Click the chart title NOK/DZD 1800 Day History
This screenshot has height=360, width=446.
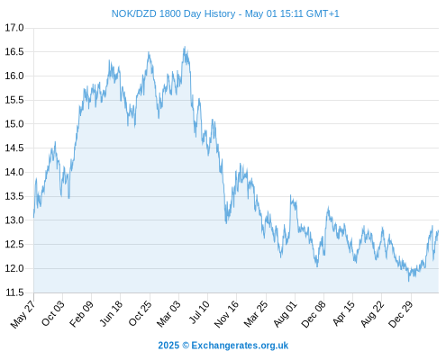coord(173,13)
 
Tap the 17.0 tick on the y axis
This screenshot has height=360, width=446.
coord(14,28)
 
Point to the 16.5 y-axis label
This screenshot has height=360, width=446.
coord(14,52)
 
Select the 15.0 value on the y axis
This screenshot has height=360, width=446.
coord(14,124)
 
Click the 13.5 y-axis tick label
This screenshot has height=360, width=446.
coord(14,196)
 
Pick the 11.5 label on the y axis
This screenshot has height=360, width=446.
coord(14,292)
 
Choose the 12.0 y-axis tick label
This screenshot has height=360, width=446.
coord(14,268)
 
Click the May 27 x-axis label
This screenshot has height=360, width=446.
coord(23,314)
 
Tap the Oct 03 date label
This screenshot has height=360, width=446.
coord(53,313)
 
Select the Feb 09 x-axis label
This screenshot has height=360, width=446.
coord(81,313)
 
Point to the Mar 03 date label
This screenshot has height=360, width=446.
coord(168,313)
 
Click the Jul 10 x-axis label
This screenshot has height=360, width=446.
coord(199,312)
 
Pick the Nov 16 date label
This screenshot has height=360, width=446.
coord(226,313)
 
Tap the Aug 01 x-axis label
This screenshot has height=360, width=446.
coord(286,313)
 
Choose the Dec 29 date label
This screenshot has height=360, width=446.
coord(401,313)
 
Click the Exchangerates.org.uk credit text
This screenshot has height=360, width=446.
coord(240,346)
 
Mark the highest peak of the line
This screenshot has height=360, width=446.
coord(185,47)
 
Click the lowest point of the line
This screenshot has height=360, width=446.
coord(408,281)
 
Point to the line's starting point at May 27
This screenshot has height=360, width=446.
coord(33,217)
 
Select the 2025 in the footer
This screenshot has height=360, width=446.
coord(168,346)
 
